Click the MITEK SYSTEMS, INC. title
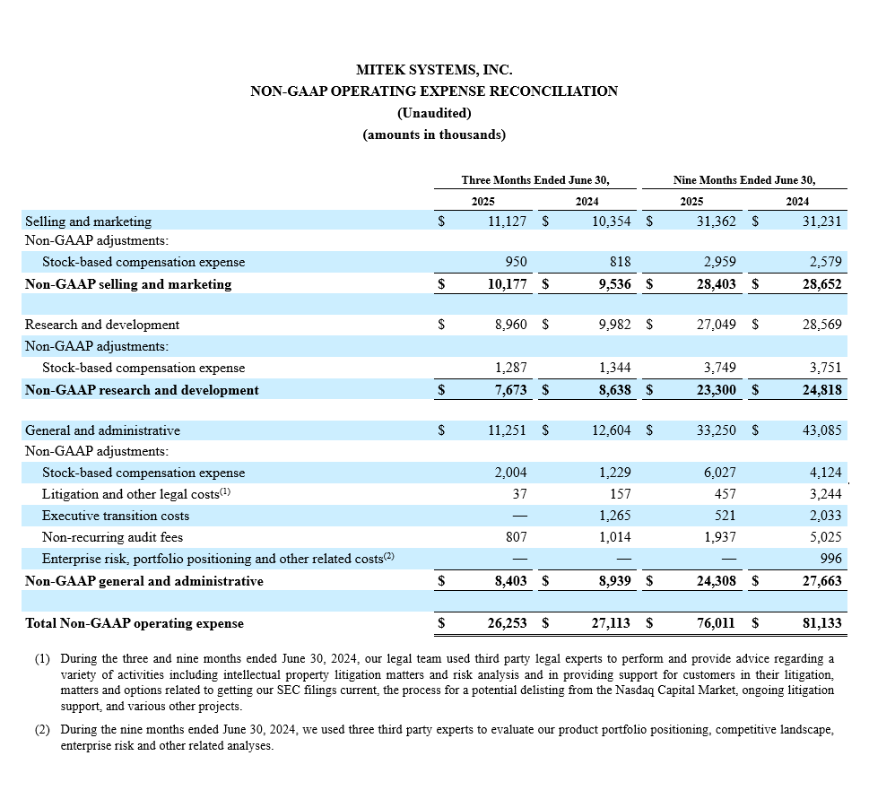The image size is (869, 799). coord(434,69)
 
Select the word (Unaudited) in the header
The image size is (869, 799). coord(434,113)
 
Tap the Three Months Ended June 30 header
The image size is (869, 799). coord(535,180)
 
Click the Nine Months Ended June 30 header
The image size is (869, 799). coord(743,180)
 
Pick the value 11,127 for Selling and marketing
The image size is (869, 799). coord(508,221)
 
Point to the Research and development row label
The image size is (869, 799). coord(102,325)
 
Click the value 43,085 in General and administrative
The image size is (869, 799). coord(821,430)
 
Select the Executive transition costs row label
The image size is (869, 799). coord(116,516)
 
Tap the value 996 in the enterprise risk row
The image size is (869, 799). coord(830,559)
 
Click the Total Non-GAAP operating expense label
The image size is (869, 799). coord(135,623)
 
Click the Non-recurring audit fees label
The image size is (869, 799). coord(112,537)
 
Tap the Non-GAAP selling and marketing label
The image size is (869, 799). coord(128,284)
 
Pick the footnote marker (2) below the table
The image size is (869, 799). coord(42,731)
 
